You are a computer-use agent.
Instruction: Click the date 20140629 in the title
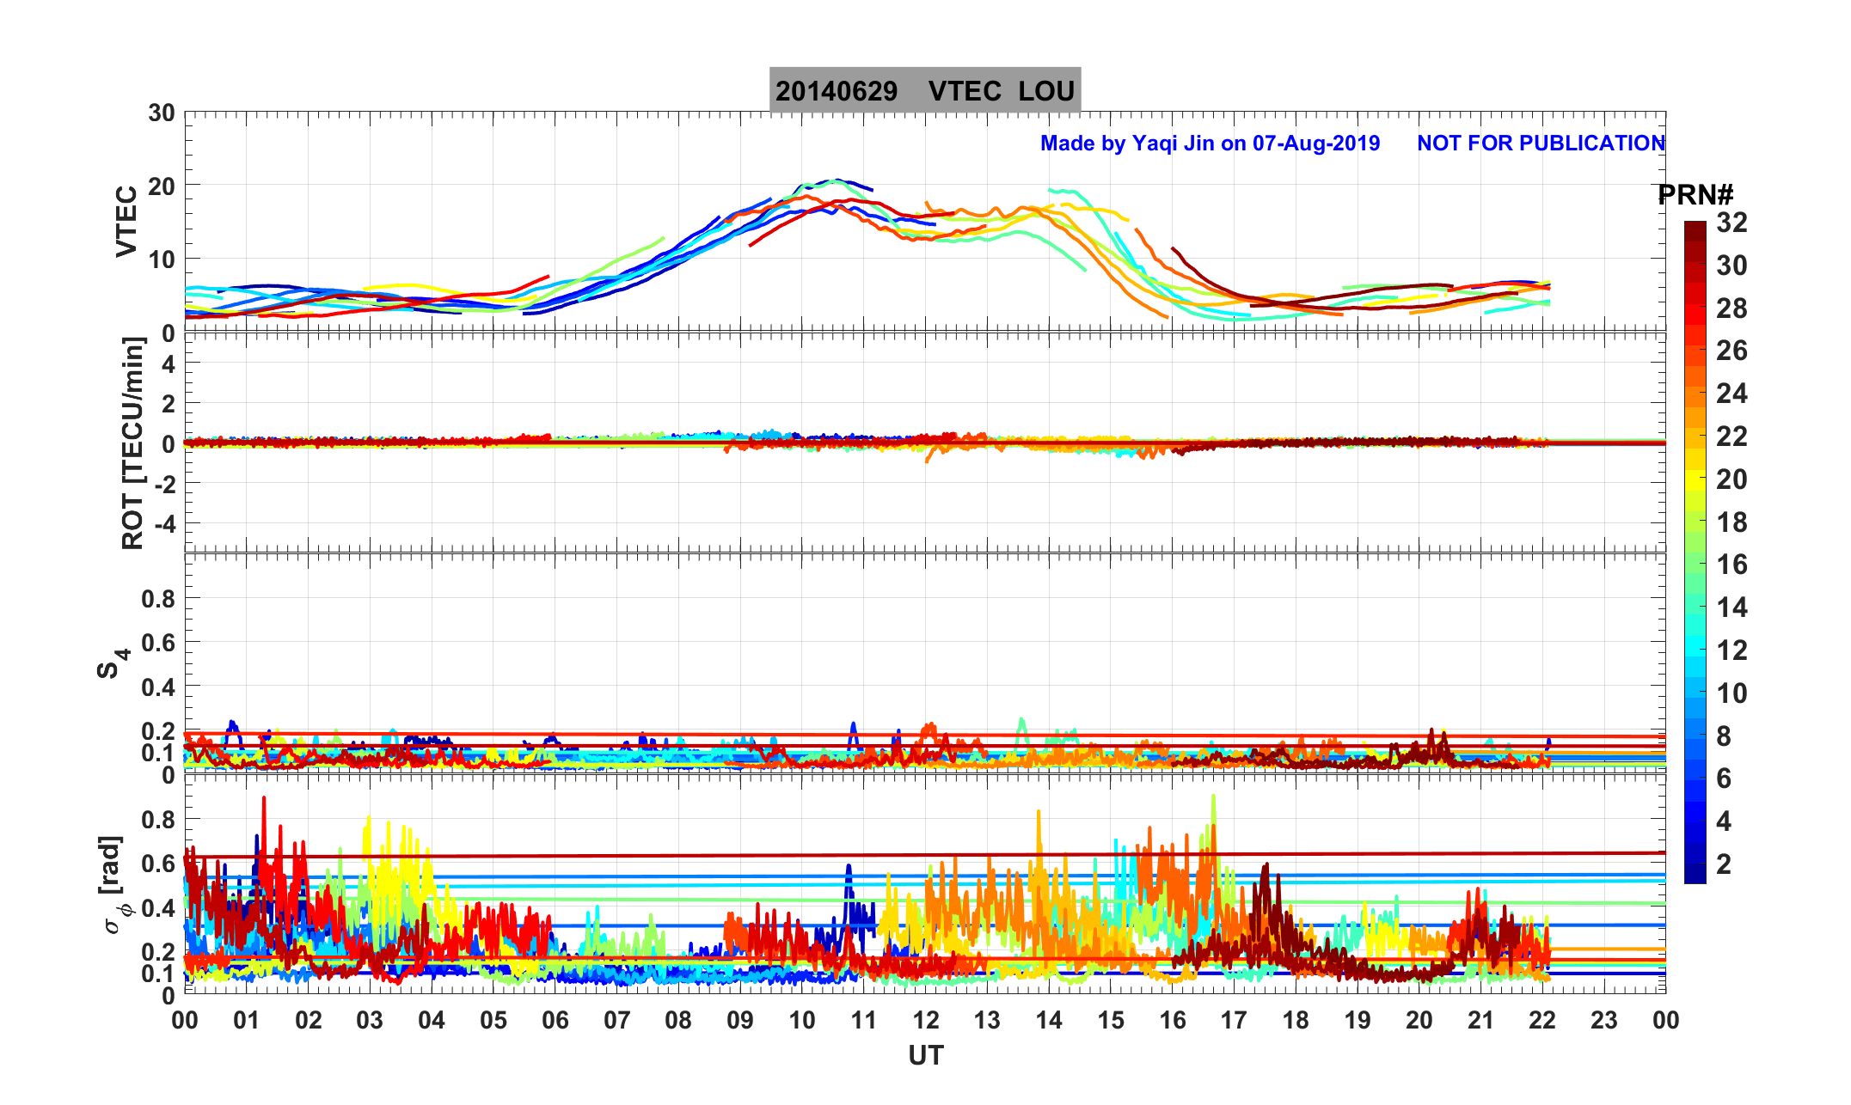pos(836,91)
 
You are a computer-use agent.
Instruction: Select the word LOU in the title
pos(1046,91)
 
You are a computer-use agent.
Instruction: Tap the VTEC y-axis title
pos(126,222)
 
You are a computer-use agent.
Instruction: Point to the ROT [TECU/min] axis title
pos(132,443)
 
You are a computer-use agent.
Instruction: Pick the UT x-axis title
pos(926,1055)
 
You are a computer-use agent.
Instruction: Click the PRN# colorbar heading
pos(1695,195)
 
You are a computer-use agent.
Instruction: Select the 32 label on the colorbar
pos(1731,223)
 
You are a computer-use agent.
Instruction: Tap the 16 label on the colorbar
pos(1731,565)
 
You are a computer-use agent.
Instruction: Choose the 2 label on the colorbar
pos(1724,864)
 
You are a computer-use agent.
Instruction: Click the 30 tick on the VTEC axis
pos(161,113)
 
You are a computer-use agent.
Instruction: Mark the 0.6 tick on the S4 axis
pos(157,643)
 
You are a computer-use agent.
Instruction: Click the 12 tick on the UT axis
pos(925,1020)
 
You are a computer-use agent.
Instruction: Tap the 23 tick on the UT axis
pos(1604,1020)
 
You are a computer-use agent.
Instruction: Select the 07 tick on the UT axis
pos(616,1020)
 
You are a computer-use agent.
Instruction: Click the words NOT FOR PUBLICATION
pos(1541,143)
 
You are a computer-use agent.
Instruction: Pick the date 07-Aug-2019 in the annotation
pos(1315,143)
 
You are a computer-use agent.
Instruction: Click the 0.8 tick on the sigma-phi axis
pos(157,820)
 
